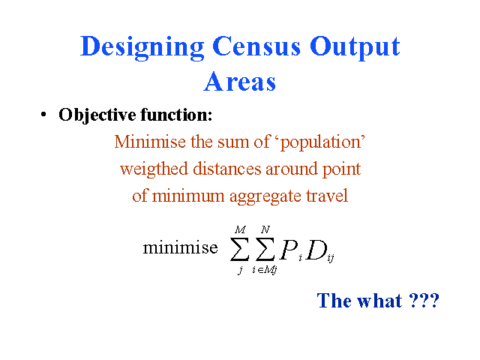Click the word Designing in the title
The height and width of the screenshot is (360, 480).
click(x=142, y=48)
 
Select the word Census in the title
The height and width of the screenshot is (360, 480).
click(x=256, y=46)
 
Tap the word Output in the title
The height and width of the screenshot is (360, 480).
click(x=355, y=48)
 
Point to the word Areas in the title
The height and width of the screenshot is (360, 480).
click(x=240, y=82)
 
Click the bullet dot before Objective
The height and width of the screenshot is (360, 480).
click(x=43, y=115)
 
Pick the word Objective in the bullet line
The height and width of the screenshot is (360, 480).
click(x=97, y=115)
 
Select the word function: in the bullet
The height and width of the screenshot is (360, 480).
click(x=176, y=115)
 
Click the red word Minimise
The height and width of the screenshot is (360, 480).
click(x=150, y=142)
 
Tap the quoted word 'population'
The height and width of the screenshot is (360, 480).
click(x=322, y=143)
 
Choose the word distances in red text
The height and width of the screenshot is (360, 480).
click(x=227, y=169)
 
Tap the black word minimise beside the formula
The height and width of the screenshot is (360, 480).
click(x=180, y=247)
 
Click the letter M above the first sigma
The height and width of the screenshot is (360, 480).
click(x=240, y=229)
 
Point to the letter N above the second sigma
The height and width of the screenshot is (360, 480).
click(x=265, y=229)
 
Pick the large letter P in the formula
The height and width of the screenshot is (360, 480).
click(x=289, y=250)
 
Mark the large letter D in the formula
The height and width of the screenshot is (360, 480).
click(x=316, y=250)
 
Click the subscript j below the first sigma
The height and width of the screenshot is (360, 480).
click(x=241, y=270)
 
